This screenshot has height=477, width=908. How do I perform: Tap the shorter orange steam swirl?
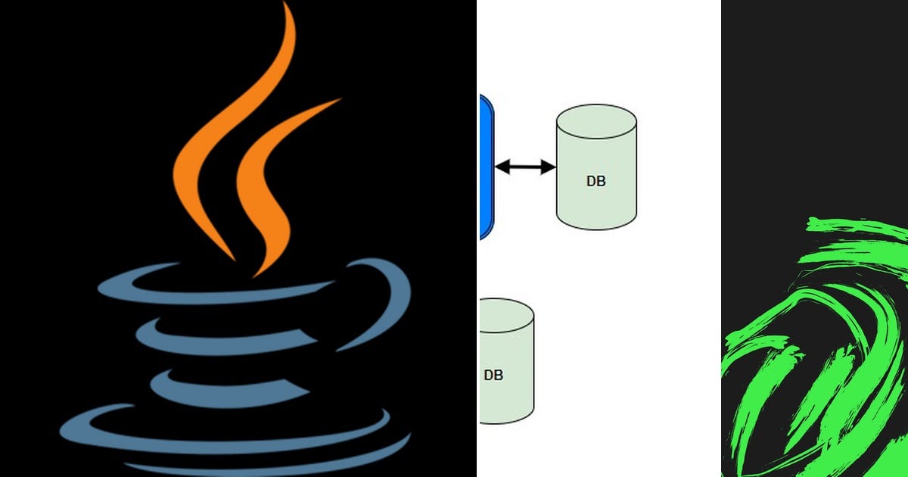click(x=265, y=189)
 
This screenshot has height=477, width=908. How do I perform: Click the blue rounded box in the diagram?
click(x=486, y=167)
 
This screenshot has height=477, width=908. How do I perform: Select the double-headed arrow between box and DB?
click(x=525, y=167)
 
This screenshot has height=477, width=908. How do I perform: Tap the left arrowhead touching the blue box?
click(x=502, y=167)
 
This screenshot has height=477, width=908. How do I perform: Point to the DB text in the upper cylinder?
click(x=596, y=182)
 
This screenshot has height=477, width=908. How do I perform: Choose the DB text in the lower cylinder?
click(x=493, y=375)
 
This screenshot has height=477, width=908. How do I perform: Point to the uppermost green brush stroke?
click(x=855, y=225)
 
